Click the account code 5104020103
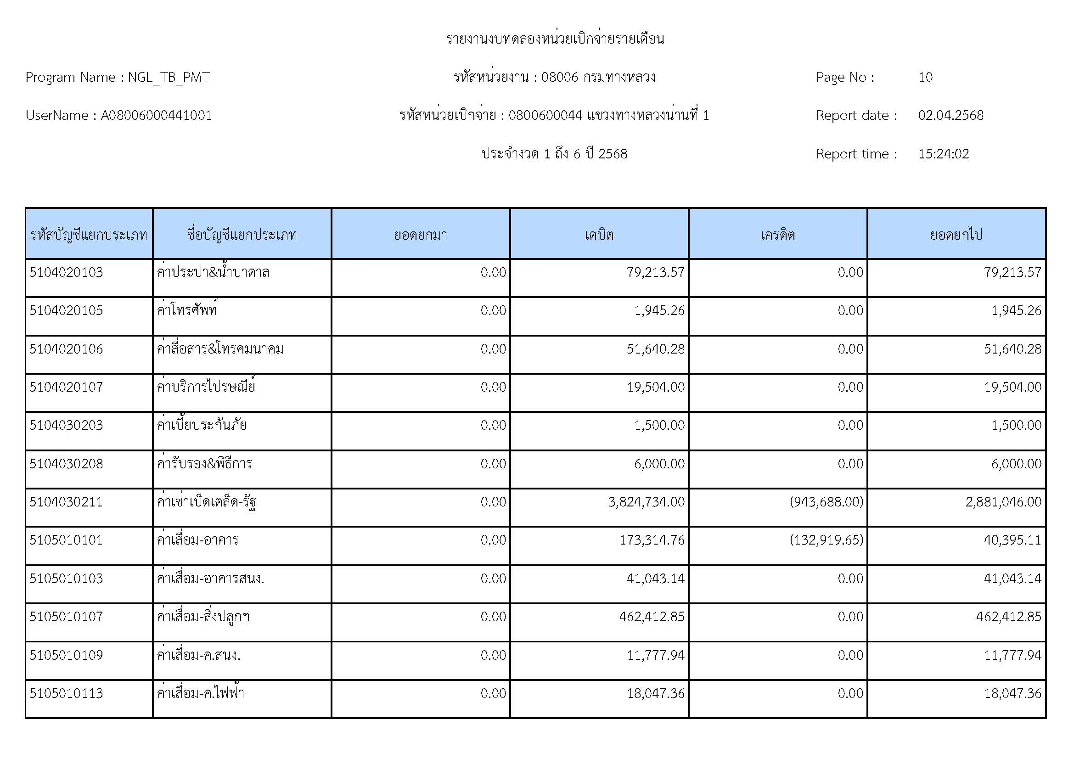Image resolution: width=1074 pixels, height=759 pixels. [66, 272]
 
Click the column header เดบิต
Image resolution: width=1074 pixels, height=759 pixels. [599, 234]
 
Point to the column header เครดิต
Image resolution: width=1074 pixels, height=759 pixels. [777, 234]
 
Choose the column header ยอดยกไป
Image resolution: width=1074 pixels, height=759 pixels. [956, 234]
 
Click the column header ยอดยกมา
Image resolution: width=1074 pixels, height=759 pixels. [420, 234]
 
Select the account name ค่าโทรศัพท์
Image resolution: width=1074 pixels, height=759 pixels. [186, 310]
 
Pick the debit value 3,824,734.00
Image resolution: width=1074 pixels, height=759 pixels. [646, 502]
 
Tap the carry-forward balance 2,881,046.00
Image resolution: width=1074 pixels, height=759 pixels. [1003, 502]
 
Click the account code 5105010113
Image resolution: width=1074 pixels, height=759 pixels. [66, 693]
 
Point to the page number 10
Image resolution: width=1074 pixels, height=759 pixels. [925, 77]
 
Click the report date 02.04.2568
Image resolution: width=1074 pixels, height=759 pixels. [950, 116]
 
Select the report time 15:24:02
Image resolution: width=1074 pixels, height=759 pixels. [944, 154]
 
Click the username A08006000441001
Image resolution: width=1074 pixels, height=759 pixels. [156, 116]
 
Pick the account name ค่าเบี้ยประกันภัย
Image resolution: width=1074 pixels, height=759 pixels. [202, 425]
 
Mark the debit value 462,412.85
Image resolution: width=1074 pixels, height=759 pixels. [652, 616]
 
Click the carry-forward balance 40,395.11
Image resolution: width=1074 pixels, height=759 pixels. [1013, 540]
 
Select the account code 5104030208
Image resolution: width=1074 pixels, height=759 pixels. [66, 463]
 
